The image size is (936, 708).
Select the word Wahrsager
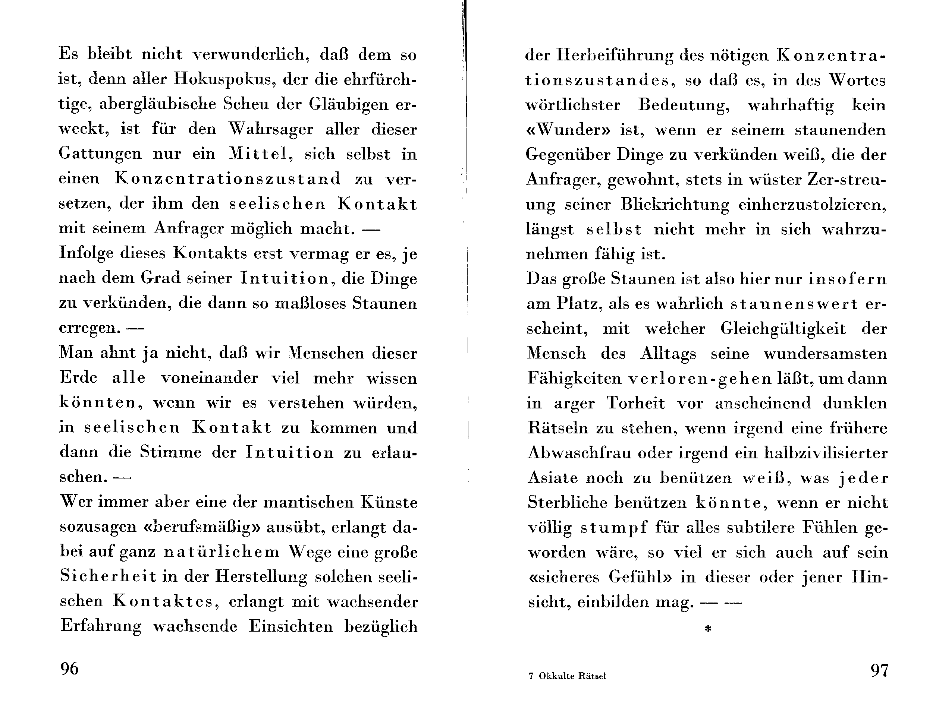coord(271,129)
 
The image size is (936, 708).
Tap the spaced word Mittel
coord(258,154)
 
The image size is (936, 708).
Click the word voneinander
coord(210,378)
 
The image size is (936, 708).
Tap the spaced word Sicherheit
coord(108,577)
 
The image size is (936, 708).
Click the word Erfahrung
coord(101,626)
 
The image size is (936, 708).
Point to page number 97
coord(879,670)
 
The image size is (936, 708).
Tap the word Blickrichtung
coord(675,205)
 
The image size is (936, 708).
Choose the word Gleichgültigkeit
coord(783,329)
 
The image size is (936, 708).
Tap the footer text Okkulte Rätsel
coord(572,676)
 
